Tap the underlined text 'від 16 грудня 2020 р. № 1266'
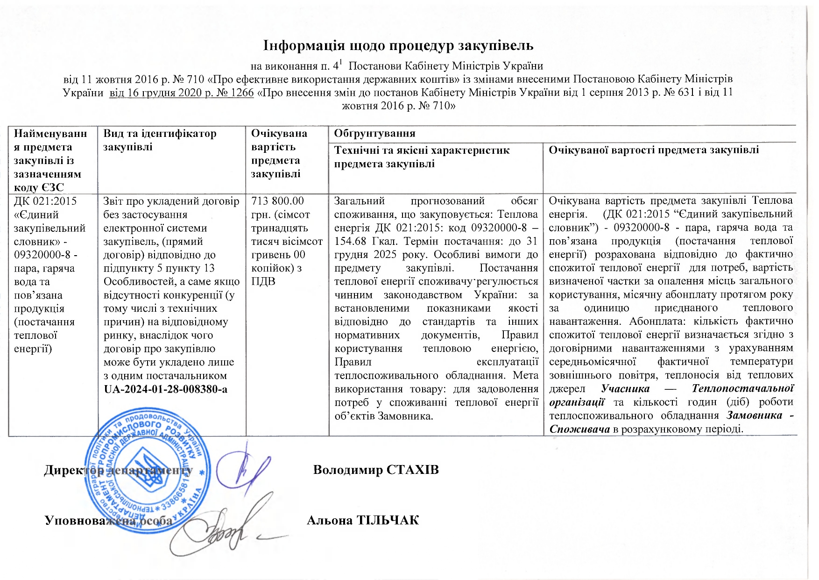(182, 93)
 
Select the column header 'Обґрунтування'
(374, 134)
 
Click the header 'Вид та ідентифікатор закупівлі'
(160, 140)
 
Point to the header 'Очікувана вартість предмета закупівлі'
(279, 153)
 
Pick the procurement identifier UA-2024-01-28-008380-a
(165, 389)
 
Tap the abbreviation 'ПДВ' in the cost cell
(263, 281)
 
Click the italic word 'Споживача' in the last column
(579, 429)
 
